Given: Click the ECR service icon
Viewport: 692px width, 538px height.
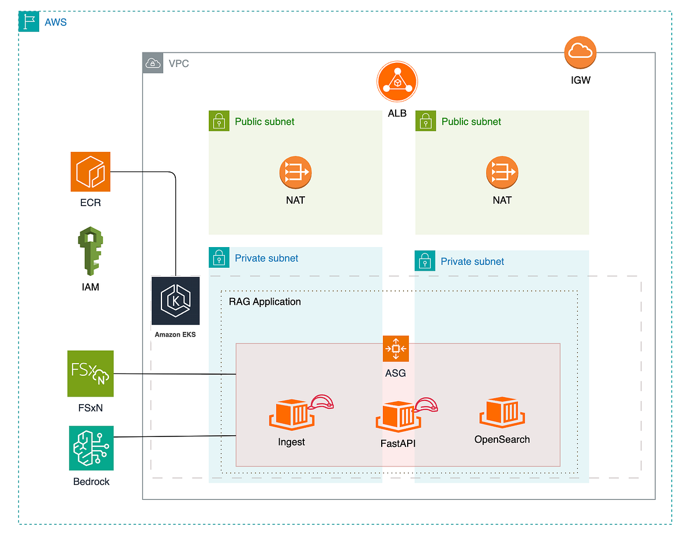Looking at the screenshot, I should point(90,171).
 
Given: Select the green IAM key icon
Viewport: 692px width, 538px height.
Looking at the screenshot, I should point(90,251).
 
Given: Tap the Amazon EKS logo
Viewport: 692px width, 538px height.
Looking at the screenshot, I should point(175,301).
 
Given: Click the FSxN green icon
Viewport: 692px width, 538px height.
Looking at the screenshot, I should point(90,373).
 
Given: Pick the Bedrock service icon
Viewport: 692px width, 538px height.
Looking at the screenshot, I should point(91,448).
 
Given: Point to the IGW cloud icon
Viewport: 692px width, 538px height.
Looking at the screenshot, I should point(580,53).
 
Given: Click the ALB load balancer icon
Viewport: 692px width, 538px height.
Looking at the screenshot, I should point(397,83).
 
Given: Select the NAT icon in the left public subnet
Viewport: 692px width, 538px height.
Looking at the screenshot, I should point(295,172).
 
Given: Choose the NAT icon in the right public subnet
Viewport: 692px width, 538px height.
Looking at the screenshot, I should point(502,172).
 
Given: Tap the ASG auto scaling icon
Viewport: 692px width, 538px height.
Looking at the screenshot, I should point(396,349).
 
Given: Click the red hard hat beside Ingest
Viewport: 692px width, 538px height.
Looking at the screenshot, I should point(323,403).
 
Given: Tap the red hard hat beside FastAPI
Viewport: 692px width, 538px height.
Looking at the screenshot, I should point(427,405).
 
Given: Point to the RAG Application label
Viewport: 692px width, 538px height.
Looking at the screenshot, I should point(265,301).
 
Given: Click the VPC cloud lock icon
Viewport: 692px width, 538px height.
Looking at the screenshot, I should point(152,63).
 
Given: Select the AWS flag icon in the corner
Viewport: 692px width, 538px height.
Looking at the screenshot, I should point(29,22).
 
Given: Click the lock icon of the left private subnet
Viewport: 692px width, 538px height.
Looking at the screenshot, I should point(219,258).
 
